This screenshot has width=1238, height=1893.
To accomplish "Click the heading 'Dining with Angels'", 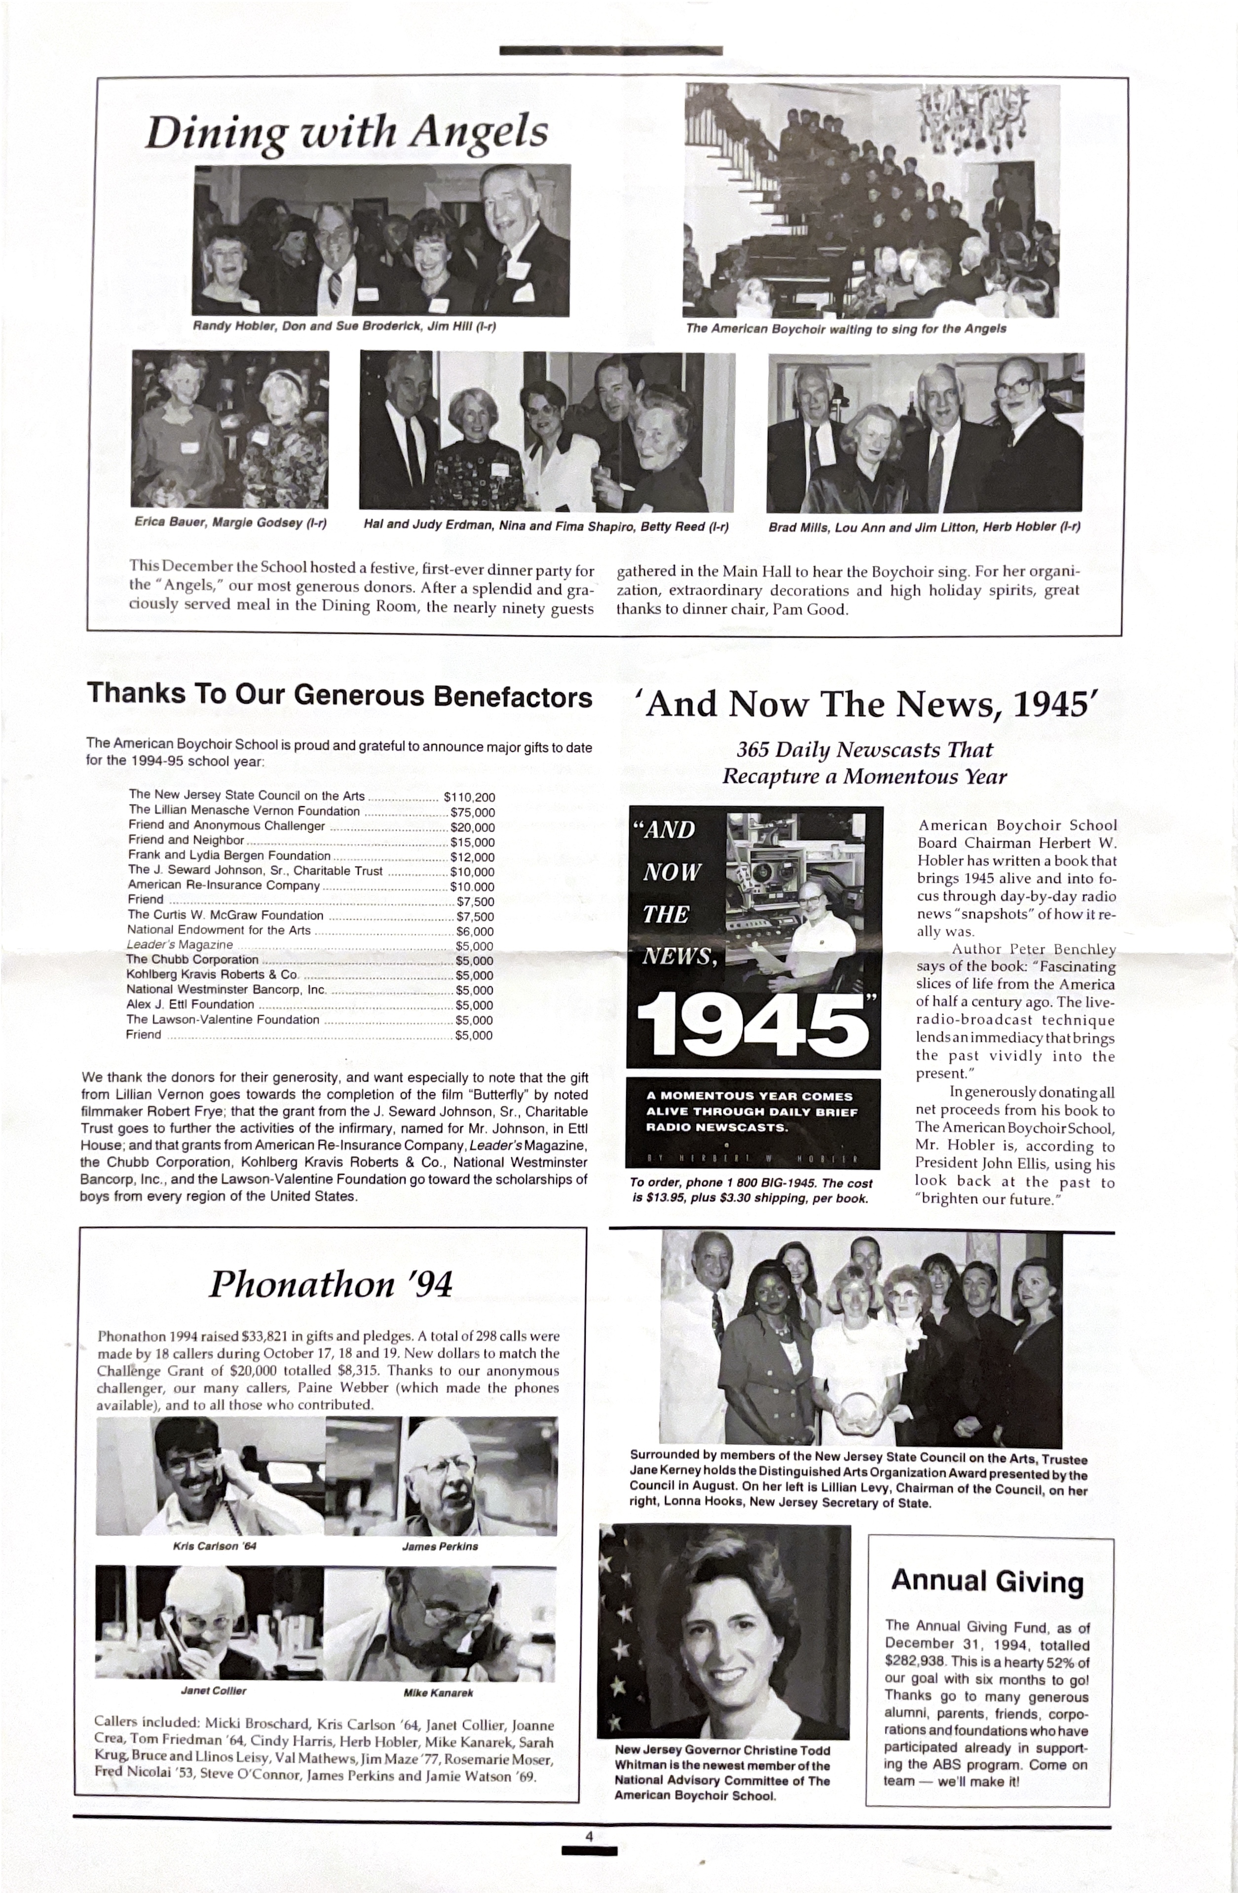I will pyautogui.click(x=347, y=132).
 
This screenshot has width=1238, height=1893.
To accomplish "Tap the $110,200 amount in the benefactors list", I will pyautogui.click(x=469, y=797).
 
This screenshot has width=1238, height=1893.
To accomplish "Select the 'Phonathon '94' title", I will pyautogui.click(x=331, y=1284).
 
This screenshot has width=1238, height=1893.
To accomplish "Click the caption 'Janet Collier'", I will pyautogui.click(x=213, y=1691).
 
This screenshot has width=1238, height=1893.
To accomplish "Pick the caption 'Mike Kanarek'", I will pyautogui.click(x=438, y=1693).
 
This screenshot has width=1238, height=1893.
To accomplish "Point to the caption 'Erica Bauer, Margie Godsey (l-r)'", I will pyautogui.click(x=230, y=522).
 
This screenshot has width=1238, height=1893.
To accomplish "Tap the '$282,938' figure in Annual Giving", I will pyautogui.click(x=914, y=1662).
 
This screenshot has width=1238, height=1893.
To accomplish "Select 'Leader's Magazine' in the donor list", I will pyautogui.click(x=180, y=945).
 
